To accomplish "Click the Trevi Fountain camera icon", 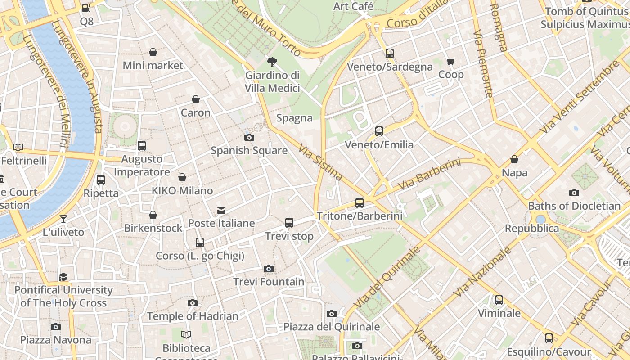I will pos(269,269).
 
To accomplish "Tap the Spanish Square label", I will pos(249,150).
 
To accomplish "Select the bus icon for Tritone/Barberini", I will pos(359,203).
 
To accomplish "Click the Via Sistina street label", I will pos(320,162).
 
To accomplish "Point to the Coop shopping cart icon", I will pos(450,62).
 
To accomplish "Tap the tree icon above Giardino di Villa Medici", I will pos(272,62).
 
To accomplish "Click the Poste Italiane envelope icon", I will pos(221,210).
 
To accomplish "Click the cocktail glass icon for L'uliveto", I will pos(63,219).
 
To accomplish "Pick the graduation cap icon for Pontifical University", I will pos(63,277).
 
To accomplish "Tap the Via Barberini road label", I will pos(429,174).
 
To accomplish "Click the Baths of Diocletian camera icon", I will pos(574,193).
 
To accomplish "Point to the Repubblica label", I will pos(531,228).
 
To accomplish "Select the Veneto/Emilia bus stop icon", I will pos(379,131).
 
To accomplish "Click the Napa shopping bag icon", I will pos(514,160).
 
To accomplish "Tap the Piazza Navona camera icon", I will pos(56,327).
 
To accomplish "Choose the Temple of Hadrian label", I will pos(193,316).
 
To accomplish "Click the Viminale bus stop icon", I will pos(499,300).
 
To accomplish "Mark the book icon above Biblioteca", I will pos(186,335).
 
